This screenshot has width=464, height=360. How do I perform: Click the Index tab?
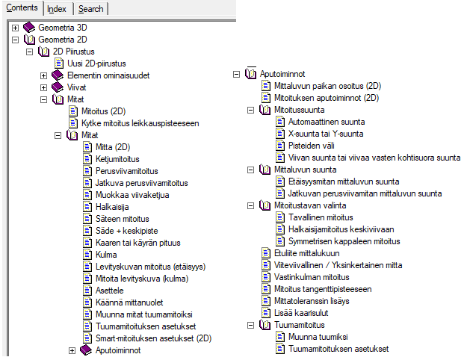(x=57, y=9)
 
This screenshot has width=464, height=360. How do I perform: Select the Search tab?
(x=91, y=9)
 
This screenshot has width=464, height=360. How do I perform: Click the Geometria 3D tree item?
(x=62, y=27)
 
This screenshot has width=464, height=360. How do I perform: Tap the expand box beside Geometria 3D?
(x=15, y=27)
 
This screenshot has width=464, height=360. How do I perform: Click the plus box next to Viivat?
(x=44, y=87)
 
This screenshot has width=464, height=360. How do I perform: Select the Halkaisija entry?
(x=114, y=207)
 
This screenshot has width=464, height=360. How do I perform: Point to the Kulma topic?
(x=106, y=255)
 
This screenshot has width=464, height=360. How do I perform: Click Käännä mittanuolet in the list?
(x=128, y=302)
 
